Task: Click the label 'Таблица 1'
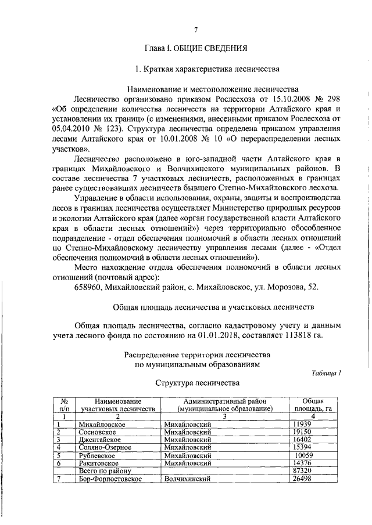pyautogui.click(x=325, y=373)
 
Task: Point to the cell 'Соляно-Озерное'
pyautogui.click(x=103, y=448)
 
